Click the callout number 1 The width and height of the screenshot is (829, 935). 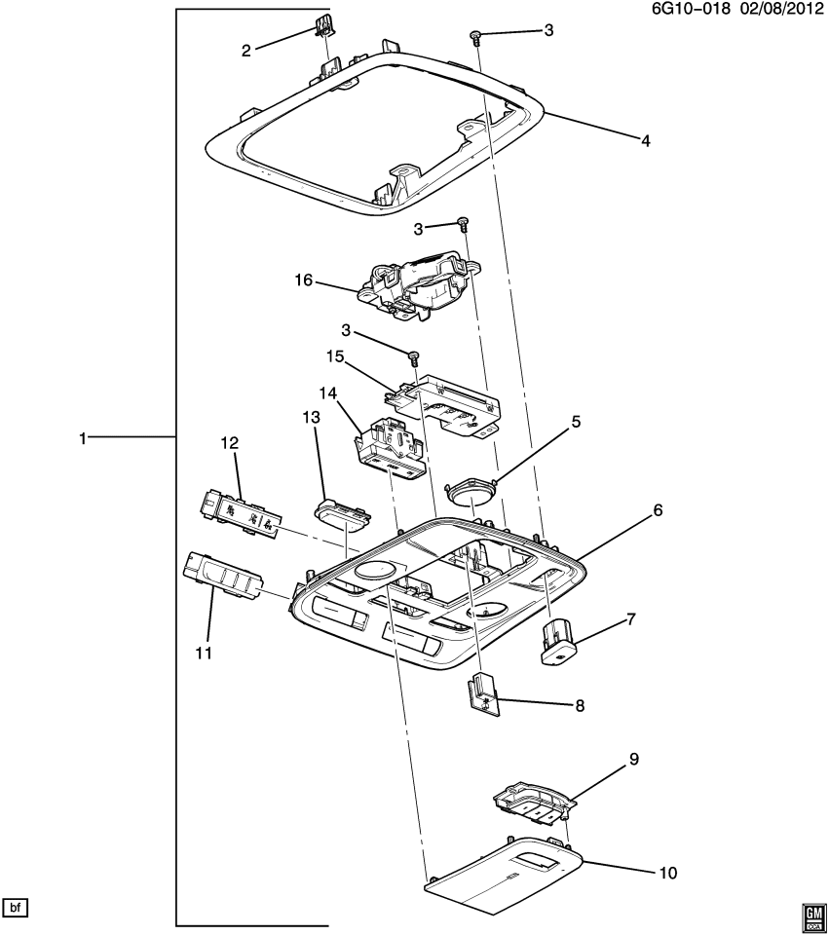tap(85, 439)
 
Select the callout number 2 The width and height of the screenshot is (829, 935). tap(246, 50)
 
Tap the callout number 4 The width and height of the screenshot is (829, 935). tap(645, 140)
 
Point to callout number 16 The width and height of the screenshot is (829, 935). tap(304, 280)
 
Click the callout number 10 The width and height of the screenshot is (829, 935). tap(666, 873)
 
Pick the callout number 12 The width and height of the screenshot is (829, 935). tap(229, 443)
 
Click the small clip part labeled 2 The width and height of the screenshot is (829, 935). tap(322, 26)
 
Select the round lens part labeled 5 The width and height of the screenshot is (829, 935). tap(473, 492)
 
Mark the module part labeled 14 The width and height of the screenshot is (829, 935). tap(390, 447)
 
